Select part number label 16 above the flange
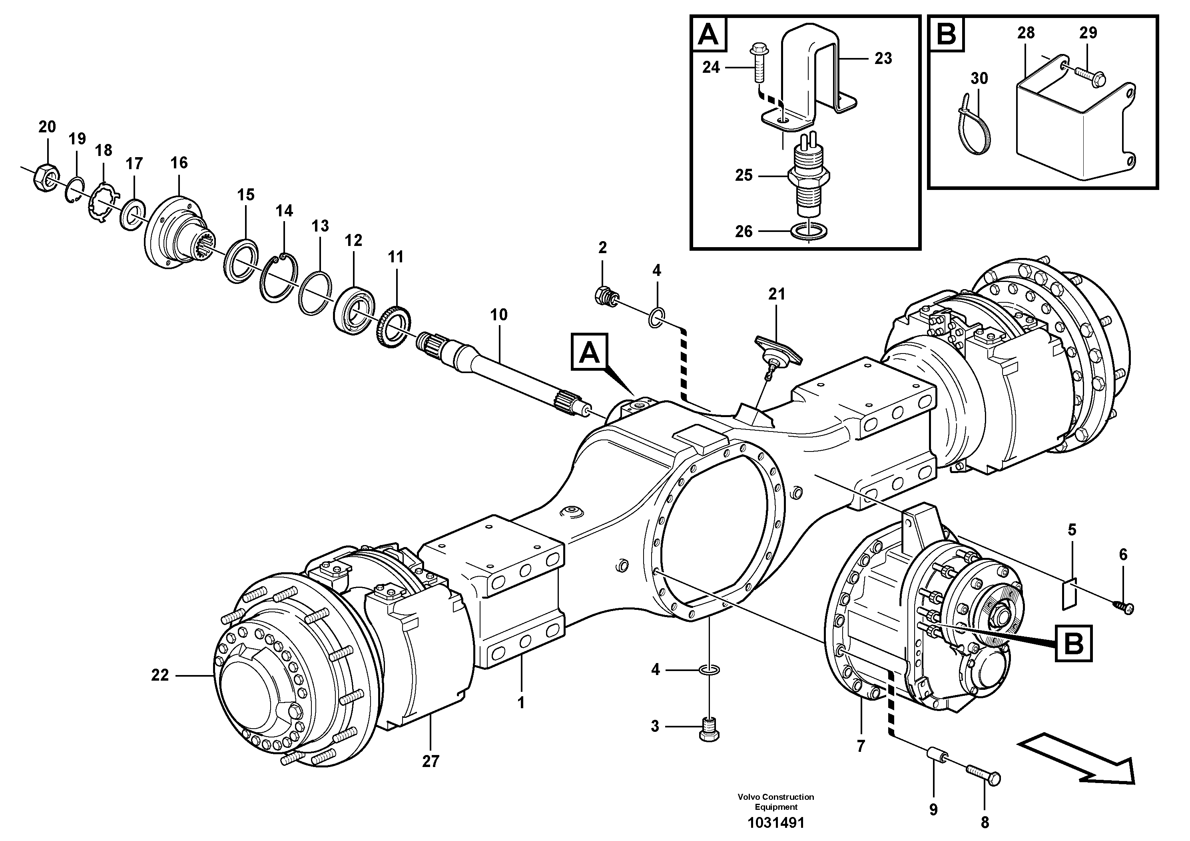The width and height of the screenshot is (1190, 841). pos(179,163)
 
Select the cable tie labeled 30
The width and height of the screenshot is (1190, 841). pos(978,124)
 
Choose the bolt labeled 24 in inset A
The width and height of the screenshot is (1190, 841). pos(758,63)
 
